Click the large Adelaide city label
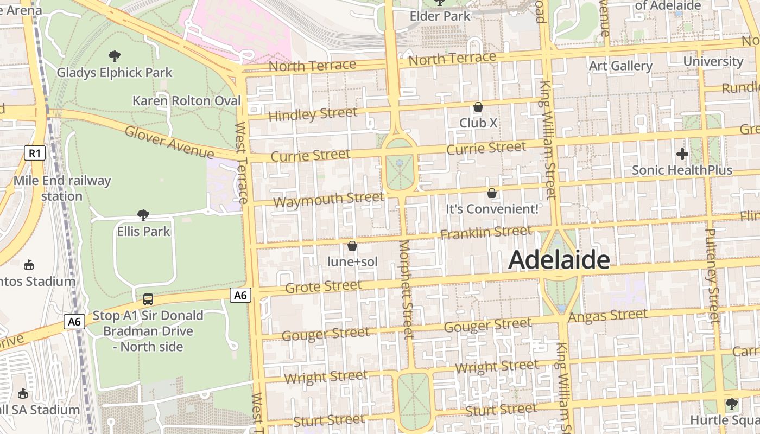[x=559, y=260]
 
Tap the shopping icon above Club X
[x=478, y=107]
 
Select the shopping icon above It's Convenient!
[x=492, y=193]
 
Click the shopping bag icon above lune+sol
[x=352, y=246]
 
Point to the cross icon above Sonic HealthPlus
[x=682, y=154]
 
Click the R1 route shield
[x=34, y=154]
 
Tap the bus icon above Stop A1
[x=148, y=299]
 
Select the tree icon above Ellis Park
[x=143, y=215]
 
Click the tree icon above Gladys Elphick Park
[x=115, y=56]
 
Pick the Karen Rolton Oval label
[x=186, y=101]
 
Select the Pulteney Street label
[x=712, y=276]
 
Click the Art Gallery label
[x=620, y=66]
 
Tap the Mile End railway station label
[x=62, y=188]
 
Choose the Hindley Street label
[x=313, y=114]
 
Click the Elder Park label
[x=440, y=16]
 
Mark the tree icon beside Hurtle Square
[x=731, y=404]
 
